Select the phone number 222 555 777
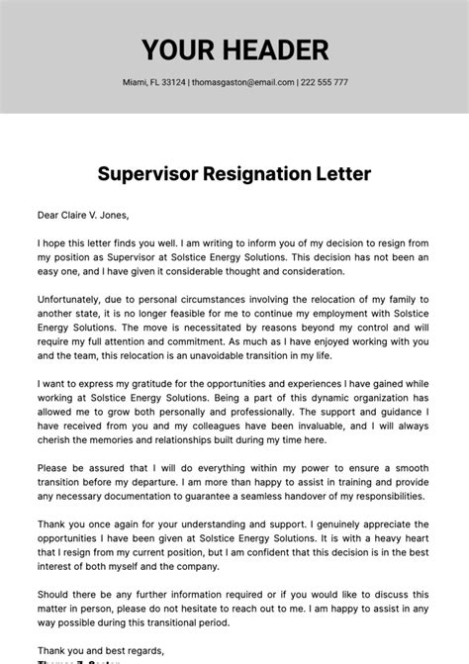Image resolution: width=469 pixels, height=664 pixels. [324, 82]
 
